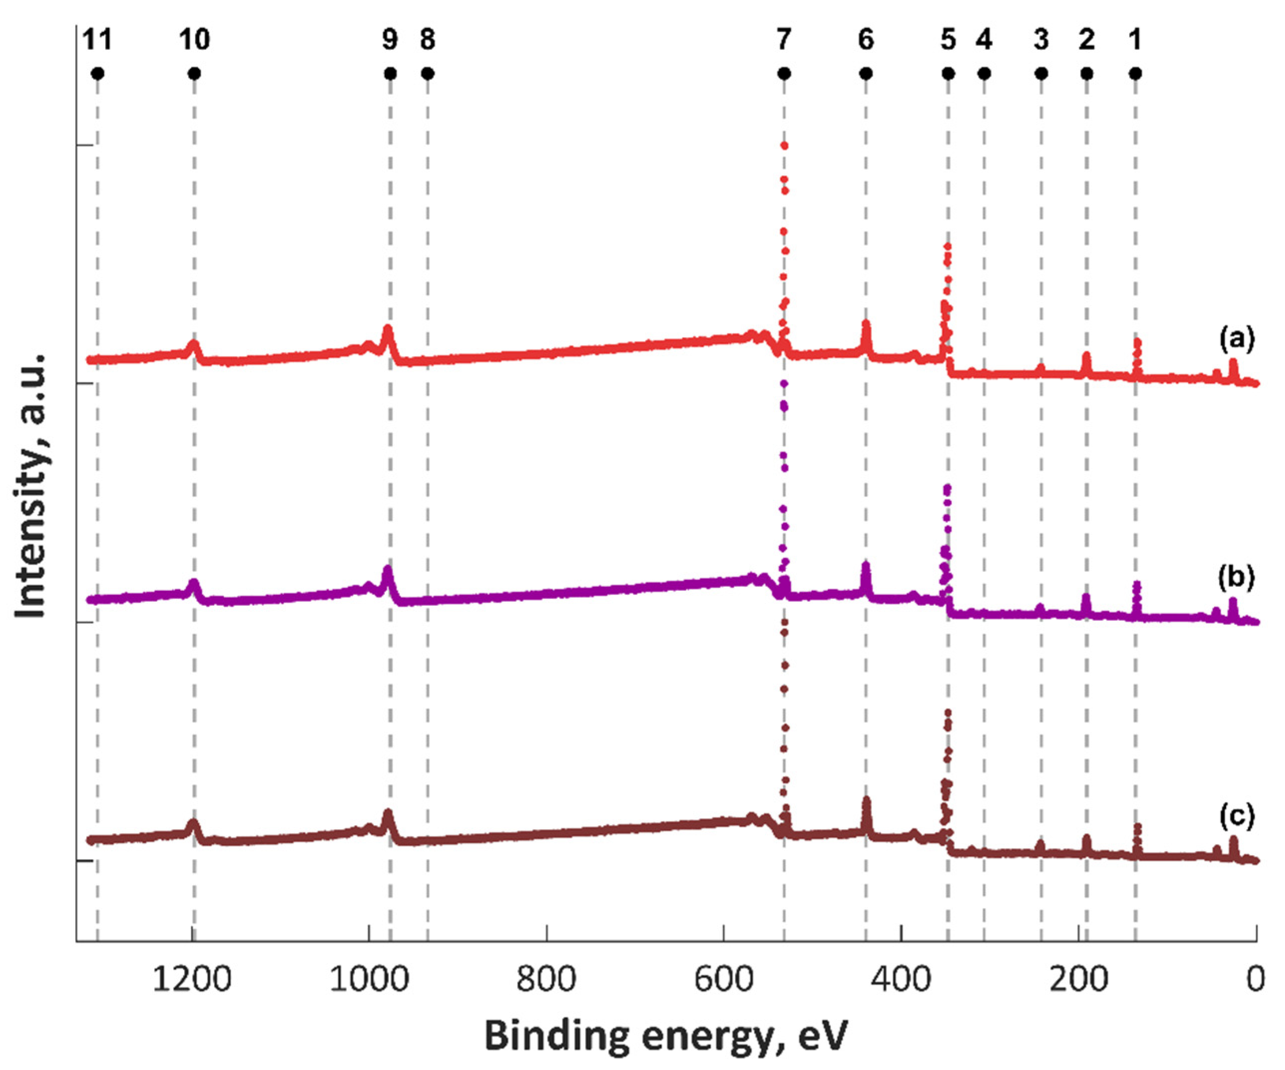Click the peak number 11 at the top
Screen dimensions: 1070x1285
[x=97, y=40]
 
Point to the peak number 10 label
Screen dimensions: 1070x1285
[x=195, y=40]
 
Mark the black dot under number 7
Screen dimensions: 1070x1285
[x=784, y=74]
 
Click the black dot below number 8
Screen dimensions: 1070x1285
[x=428, y=74]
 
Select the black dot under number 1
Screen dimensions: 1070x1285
[x=1135, y=74]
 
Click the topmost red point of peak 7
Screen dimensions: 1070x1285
[x=784, y=146]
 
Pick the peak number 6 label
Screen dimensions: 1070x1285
[x=865, y=40]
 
